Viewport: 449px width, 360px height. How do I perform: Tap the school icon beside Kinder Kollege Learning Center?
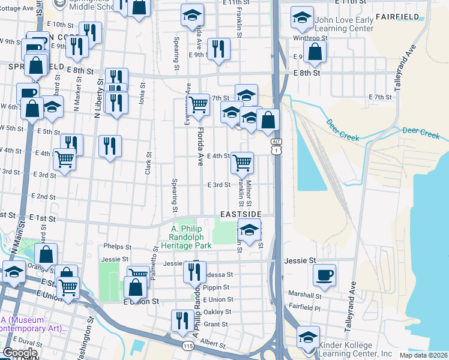pyautogui.click(x=308, y=338)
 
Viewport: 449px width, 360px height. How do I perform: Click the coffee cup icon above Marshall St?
pyautogui.click(x=325, y=275)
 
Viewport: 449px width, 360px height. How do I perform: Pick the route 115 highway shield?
pyautogui.click(x=188, y=346)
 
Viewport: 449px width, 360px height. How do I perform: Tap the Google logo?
pyautogui.click(x=20, y=353)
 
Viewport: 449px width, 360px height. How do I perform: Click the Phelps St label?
pyautogui.click(x=117, y=247)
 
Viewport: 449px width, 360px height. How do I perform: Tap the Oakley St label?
pyautogui.click(x=217, y=312)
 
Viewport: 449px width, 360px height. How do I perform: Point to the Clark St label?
pyautogui.click(x=148, y=163)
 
